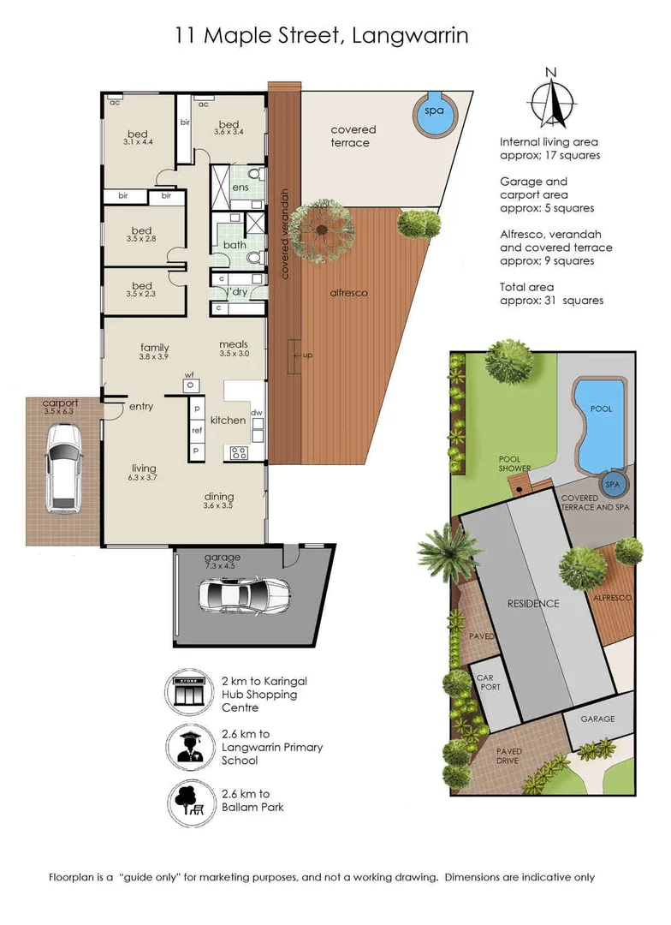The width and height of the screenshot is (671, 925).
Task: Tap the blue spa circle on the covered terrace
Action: coord(434,115)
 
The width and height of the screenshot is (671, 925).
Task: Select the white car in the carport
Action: coord(64,468)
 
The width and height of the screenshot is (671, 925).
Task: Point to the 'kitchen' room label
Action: coord(228,420)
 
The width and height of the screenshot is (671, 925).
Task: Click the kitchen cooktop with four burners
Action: coord(239,453)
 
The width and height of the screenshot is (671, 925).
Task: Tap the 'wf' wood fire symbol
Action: coord(190,385)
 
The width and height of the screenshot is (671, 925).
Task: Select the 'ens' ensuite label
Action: coord(240,188)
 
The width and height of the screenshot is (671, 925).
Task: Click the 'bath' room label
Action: coord(235,245)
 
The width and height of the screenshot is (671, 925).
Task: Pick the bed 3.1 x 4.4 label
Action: coord(138,137)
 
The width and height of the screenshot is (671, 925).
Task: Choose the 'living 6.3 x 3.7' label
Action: coord(143,472)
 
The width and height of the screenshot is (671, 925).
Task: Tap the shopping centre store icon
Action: coord(189,693)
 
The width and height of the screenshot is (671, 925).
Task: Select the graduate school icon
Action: coord(189,748)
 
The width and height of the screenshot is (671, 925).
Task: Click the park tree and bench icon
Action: coord(189,803)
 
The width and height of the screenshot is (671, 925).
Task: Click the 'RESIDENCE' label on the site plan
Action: coord(533,604)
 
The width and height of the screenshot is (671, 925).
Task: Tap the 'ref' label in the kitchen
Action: coord(197,431)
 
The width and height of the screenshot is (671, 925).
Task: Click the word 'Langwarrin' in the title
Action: coord(410,36)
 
